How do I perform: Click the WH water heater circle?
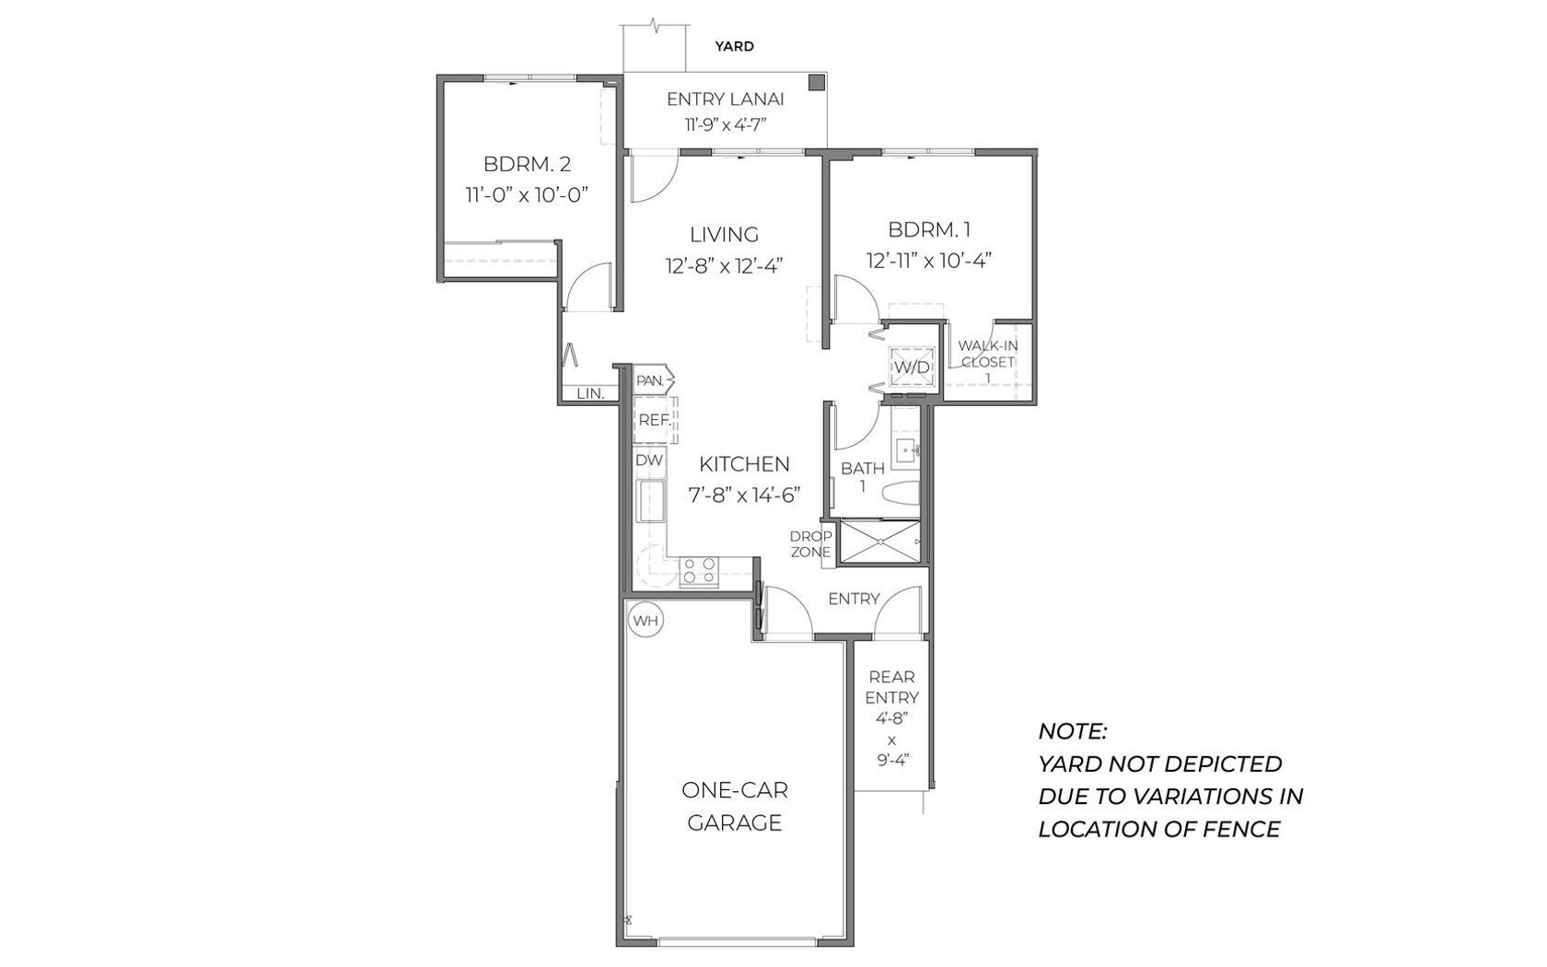click(x=646, y=621)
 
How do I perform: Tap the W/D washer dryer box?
click(x=913, y=367)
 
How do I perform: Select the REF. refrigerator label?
click(x=654, y=419)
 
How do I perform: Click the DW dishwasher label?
click(x=649, y=460)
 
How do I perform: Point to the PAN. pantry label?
click(x=650, y=380)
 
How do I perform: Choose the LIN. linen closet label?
click(x=590, y=394)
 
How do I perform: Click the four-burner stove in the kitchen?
click(x=699, y=572)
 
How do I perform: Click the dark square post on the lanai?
click(x=817, y=82)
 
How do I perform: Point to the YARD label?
click(x=734, y=46)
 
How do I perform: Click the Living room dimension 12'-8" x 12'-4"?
click(x=724, y=266)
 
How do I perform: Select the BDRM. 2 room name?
click(x=527, y=164)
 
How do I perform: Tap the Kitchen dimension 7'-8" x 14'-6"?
click(x=744, y=495)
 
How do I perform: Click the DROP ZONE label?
click(x=810, y=544)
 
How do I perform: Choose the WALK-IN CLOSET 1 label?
click(x=987, y=361)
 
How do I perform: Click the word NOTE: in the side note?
click(x=1073, y=731)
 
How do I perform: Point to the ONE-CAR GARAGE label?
click(x=735, y=806)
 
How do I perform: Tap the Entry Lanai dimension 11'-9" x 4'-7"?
click(x=726, y=125)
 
